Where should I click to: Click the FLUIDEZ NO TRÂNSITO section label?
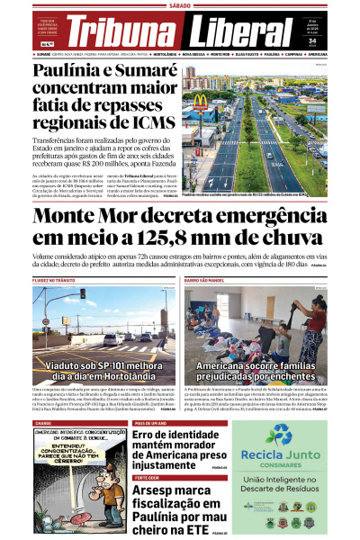click(x=53, y=281)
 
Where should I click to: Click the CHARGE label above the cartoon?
click(x=43, y=422)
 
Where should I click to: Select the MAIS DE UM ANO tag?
click(x=149, y=422)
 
